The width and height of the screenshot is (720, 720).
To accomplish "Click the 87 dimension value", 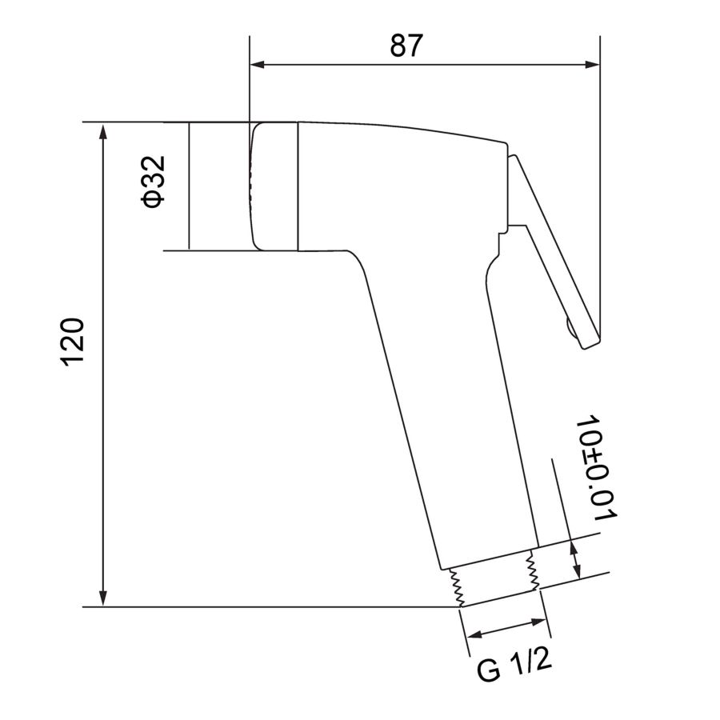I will click(406, 46).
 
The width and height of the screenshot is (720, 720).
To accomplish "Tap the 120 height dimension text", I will click(73, 342).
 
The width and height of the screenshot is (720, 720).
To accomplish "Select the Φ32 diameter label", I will click(153, 182).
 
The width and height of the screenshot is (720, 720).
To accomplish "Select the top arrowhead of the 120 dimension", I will click(102, 131).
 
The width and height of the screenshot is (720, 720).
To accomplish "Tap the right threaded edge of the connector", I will click(530, 573).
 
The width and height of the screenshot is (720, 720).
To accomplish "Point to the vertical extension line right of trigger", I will click(599, 200).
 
